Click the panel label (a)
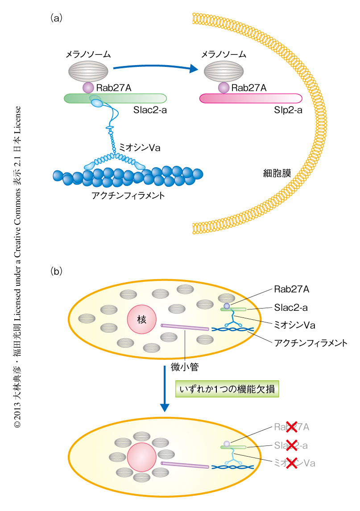(x=56, y=18)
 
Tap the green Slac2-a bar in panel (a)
(x=116, y=98)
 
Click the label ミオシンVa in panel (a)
(x=140, y=148)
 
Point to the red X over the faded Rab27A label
(x=291, y=427)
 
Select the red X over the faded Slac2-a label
(x=291, y=445)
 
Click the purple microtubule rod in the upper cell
(x=185, y=327)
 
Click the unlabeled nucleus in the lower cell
(x=141, y=457)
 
